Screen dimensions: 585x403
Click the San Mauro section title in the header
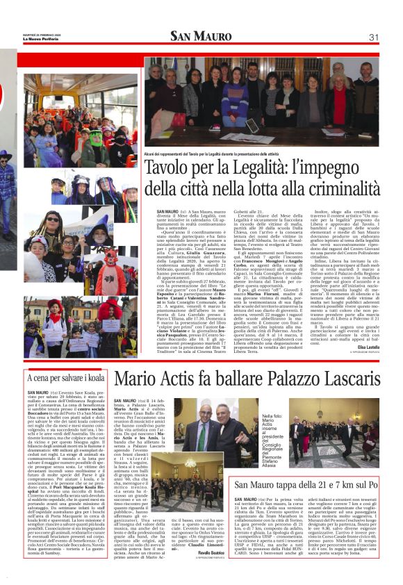(201, 37)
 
